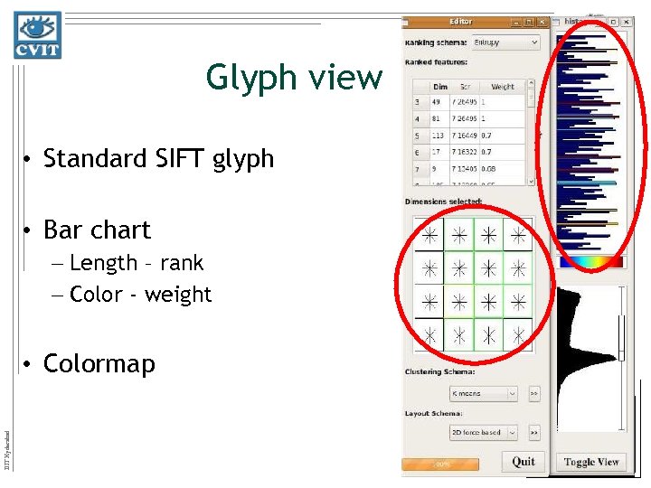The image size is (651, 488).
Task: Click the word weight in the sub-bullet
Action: pyautogui.click(x=184, y=295)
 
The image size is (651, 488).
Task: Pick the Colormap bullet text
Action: pyautogui.click(x=99, y=363)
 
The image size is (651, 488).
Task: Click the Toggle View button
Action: pyautogui.click(x=591, y=462)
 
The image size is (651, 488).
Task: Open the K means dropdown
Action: pyautogui.click(x=484, y=394)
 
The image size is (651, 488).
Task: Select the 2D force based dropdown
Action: pyautogui.click(x=484, y=433)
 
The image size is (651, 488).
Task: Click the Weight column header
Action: pyautogui.click(x=503, y=87)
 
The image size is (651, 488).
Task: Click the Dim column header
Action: pyautogui.click(x=439, y=87)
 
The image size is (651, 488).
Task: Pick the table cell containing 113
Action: pyautogui.click(x=440, y=136)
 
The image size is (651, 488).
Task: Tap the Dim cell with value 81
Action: pyautogui.click(x=437, y=119)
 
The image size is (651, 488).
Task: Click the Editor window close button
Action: pyautogui.click(x=542, y=22)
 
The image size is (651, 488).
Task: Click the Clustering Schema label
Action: pyautogui.click(x=442, y=372)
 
